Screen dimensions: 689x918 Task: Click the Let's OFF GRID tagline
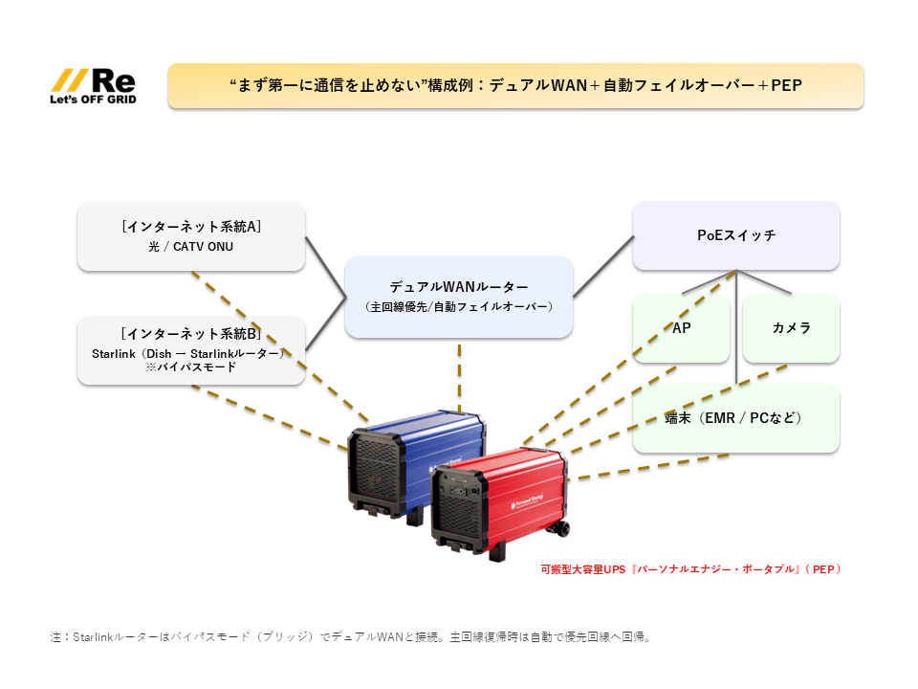pos(92,99)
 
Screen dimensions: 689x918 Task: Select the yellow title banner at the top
pos(515,85)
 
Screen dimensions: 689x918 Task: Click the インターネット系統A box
pos(191,235)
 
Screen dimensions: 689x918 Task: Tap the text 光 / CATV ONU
pos(190,247)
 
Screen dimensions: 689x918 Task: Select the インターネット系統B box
pos(191,350)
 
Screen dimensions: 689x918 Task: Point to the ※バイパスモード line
pos(190,367)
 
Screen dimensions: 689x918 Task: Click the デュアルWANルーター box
pos(458,296)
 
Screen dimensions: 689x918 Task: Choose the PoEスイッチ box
pos(736,235)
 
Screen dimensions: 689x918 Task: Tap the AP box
pos(682,328)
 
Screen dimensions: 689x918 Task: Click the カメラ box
pos(791,328)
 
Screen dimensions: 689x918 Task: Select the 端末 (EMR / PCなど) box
pos(736,418)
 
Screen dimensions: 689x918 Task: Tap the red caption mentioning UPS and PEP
pos(691,568)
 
